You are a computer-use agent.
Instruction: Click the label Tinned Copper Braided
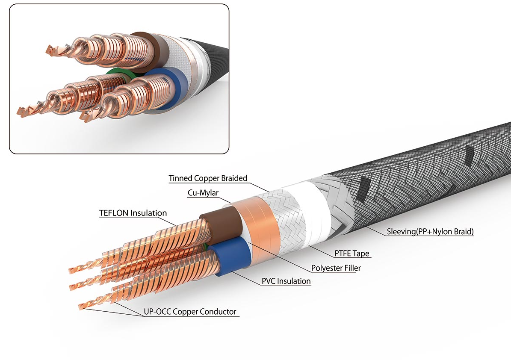tap(208, 178)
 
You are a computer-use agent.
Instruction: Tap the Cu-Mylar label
tap(203, 193)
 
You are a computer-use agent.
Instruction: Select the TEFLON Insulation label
tap(133, 213)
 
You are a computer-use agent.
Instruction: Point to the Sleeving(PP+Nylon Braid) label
tap(430, 232)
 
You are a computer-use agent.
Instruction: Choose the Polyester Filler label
tap(336, 268)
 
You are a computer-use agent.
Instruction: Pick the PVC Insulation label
tap(286, 281)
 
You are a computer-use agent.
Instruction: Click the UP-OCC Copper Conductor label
tap(190, 312)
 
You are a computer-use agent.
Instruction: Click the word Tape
tap(361, 254)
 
